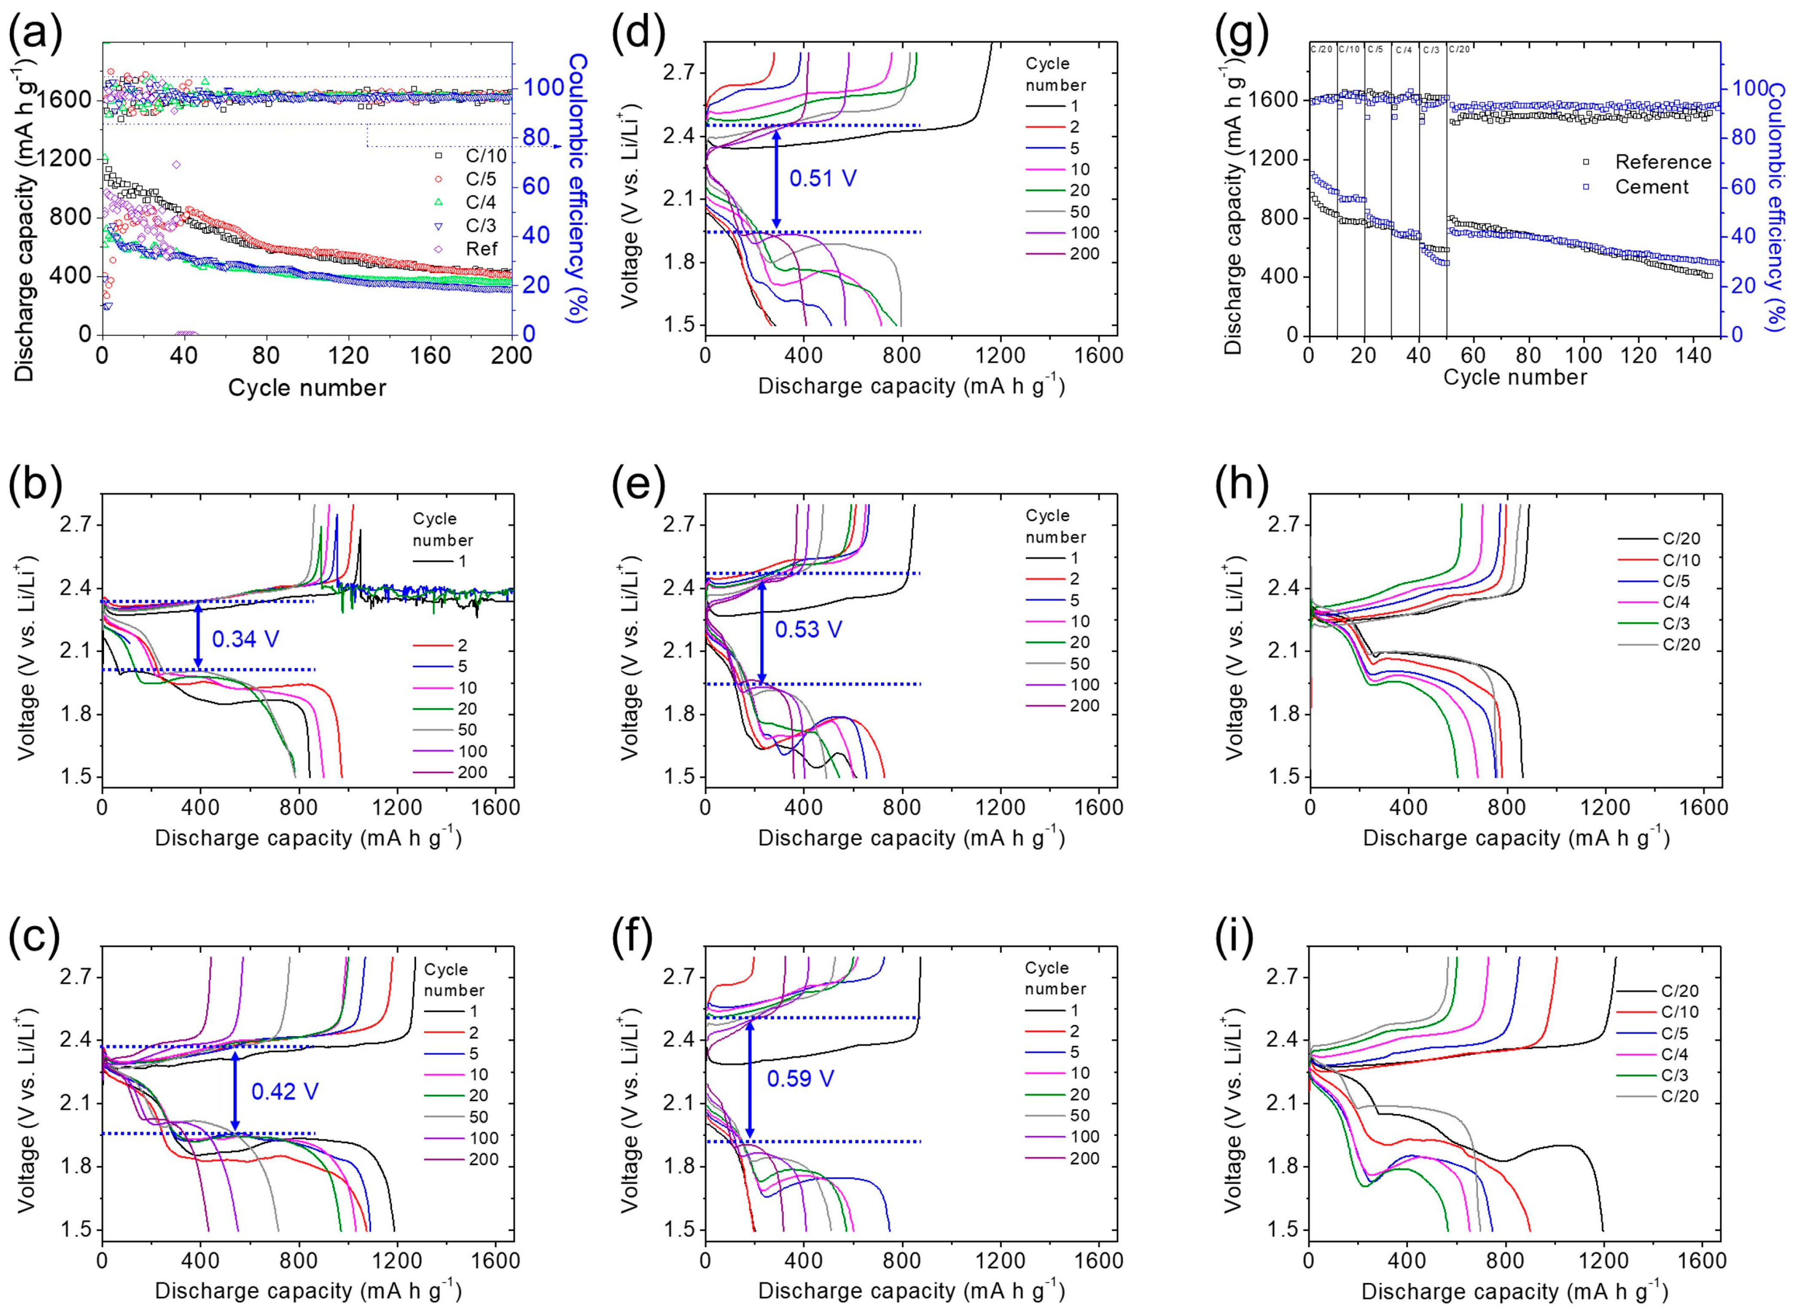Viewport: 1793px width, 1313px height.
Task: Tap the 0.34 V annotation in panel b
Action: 245,638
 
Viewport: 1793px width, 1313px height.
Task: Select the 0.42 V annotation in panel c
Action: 285,1091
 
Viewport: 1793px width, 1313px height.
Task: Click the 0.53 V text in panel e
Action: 808,630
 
